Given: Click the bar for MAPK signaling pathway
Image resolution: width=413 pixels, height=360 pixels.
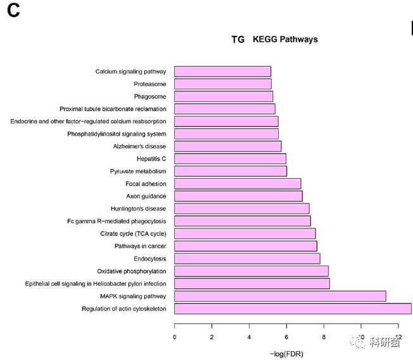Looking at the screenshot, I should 280,296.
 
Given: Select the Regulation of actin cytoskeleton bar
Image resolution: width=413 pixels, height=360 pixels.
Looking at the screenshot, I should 293,309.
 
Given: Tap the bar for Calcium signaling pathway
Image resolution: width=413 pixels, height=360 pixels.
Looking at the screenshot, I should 222,72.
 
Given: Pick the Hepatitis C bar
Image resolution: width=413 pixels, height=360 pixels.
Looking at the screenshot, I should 230,158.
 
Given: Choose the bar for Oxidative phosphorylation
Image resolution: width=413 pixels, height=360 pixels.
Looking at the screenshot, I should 251,271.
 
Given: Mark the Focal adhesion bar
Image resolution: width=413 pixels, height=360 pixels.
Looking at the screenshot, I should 238,184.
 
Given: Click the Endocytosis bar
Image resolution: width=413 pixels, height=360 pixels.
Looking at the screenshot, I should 247,259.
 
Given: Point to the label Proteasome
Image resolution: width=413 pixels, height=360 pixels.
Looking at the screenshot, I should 149,84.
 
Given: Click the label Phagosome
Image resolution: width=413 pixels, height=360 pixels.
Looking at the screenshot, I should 149,96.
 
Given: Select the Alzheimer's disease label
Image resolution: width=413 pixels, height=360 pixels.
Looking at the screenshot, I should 139,146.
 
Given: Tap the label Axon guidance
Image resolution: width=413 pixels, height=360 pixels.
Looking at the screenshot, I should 146,196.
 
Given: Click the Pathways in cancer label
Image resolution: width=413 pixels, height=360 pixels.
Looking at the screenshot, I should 140,246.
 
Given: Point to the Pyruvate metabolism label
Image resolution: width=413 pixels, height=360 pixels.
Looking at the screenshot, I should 137,171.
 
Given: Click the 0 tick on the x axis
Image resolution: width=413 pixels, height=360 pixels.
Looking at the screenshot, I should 175,337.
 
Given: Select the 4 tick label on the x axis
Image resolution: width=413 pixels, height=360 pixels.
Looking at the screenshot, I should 250,337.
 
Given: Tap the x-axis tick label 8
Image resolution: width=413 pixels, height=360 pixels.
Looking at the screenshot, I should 324,337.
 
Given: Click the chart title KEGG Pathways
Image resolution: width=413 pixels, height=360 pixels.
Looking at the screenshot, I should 285,39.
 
